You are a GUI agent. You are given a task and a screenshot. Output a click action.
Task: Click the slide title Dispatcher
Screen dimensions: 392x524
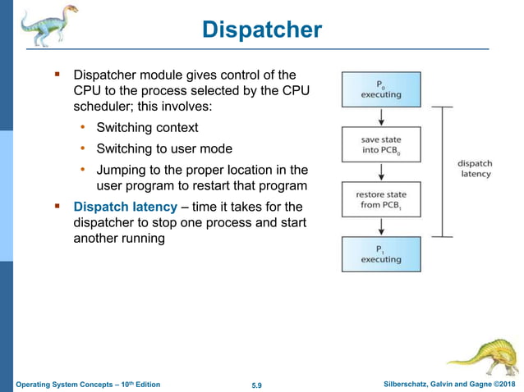click(261, 30)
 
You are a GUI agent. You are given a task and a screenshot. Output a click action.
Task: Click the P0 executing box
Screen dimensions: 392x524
click(381, 89)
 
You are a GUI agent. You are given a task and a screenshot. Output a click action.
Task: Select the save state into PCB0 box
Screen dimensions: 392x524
click(381, 144)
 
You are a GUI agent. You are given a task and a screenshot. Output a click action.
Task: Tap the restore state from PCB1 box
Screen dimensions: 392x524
click(381, 199)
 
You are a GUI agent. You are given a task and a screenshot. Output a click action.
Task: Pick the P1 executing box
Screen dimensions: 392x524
click(381, 254)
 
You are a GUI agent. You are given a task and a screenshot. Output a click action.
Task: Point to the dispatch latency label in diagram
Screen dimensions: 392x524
click(474, 168)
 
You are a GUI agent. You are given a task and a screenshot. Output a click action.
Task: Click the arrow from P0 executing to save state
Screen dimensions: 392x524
click(381, 116)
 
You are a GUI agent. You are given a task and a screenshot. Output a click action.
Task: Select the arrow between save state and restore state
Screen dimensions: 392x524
click(381, 172)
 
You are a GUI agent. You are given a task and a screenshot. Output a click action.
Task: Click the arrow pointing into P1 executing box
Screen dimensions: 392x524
click(381, 227)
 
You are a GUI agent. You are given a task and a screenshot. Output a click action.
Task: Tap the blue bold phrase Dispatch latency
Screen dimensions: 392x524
click(125, 207)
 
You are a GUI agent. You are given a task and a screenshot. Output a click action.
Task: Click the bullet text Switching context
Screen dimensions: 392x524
click(147, 128)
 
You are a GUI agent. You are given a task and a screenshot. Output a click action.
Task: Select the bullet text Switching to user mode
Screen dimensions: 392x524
click(164, 148)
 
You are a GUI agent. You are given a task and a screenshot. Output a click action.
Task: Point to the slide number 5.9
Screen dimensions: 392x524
click(261, 384)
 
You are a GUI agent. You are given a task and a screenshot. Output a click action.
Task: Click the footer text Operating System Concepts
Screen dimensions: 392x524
click(70, 384)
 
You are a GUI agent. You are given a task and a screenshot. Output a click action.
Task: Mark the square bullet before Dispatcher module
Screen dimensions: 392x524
click(58, 75)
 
